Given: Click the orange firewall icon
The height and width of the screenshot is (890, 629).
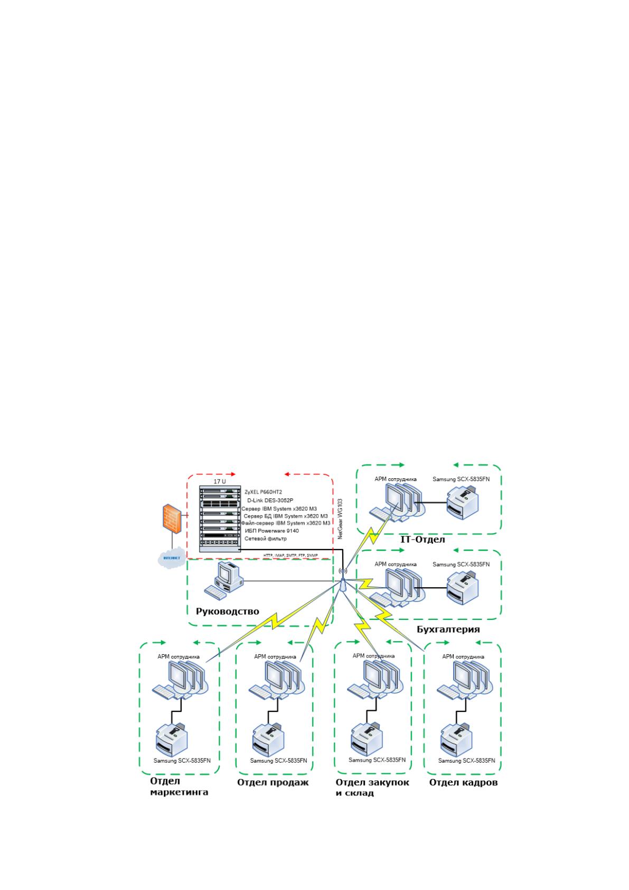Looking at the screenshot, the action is click(x=172, y=518).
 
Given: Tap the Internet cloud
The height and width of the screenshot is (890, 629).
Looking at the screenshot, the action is click(x=172, y=558).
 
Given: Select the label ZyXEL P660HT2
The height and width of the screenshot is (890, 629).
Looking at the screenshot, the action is click(x=264, y=492).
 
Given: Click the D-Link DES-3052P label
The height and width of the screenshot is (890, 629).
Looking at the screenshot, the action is click(x=270, y=500).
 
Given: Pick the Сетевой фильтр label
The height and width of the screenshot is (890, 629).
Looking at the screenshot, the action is click(x=265, y=539).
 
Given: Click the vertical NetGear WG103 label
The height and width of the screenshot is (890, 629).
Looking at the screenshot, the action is click(x=340, y=519).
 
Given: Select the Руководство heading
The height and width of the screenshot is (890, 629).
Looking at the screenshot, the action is click(x=227, y=611).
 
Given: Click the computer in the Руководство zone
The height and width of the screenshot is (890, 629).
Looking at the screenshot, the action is click(x=223, y=580).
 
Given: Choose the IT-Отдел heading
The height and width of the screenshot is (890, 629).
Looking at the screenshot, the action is click(x=423, y=540).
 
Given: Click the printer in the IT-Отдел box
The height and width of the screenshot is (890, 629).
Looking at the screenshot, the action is click(x=462, y=504).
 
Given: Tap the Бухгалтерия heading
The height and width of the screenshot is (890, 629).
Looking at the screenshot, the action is click(x=448, y=629).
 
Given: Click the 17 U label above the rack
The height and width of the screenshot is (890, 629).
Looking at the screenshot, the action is click(x=220, y=481).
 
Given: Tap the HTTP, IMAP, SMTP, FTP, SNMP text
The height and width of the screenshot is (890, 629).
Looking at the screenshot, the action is click(x=290, y=555).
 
